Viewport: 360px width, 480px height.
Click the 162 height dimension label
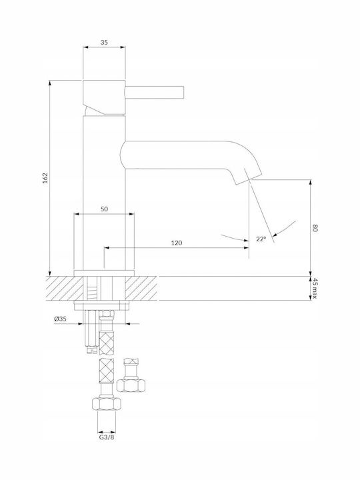point(45,178)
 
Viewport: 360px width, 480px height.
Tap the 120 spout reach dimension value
point(176,243)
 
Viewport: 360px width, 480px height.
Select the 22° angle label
point(261,239)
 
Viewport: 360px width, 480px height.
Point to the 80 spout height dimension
point(315,228)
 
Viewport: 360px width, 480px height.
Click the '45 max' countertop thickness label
point(315,289)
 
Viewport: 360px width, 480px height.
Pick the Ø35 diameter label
point(60,319)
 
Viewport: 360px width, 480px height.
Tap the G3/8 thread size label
point(107,437)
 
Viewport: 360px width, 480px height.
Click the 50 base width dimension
point(104,209)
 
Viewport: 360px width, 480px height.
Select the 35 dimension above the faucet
point(104,43)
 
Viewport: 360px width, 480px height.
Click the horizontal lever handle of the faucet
point(154,93)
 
